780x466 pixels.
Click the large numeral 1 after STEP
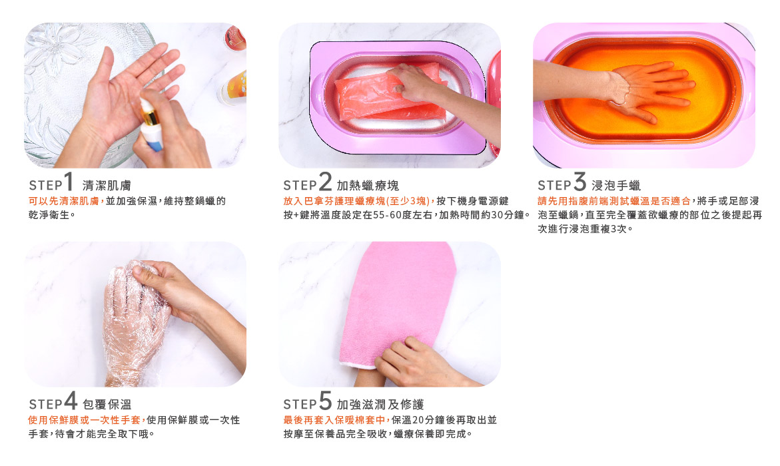(69, 181)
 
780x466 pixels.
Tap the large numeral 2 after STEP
(325, 181)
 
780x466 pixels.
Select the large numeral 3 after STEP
(580, 181)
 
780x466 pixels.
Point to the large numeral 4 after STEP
(71, 400)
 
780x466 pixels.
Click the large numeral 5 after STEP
(325, 400)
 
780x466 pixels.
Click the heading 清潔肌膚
(107, 186)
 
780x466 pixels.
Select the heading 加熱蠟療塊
(368, 186)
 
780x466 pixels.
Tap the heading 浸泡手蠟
(616, 186)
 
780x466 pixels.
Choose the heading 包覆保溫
(107, 404)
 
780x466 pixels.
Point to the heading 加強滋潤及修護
(380, 404)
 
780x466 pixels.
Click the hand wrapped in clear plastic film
(135, 324)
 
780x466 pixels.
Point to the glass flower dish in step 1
(75, 89)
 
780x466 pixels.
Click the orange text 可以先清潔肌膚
(63, 201)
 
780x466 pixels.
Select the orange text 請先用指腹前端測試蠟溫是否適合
(614, 201)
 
